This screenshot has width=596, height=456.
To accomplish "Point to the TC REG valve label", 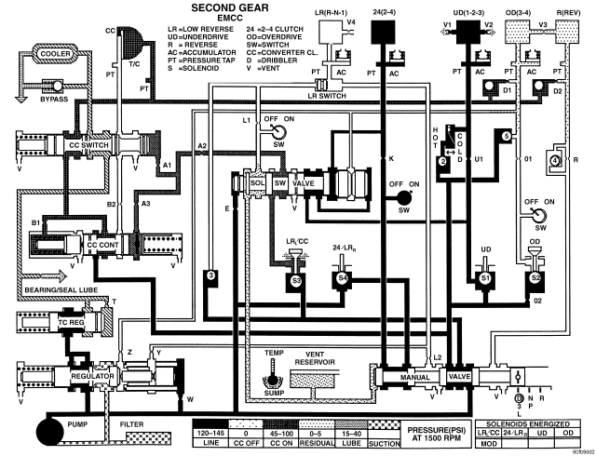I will point(72,322).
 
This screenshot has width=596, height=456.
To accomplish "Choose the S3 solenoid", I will point(296,277).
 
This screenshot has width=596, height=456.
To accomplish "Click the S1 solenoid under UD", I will point(484,277).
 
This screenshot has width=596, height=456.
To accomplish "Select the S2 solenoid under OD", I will point(535,277).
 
